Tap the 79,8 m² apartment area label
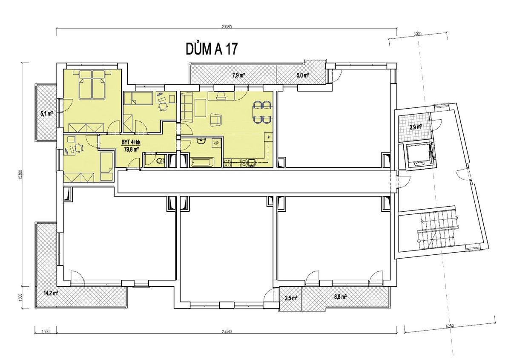(x=131, y=149)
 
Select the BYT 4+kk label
(x=131, y=143)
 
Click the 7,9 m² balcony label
(x=238, y=75)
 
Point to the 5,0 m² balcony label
(x=303, y=75)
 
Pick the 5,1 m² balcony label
(x=47, y=114)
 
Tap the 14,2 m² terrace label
(x=51, y=293)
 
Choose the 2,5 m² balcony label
(x=291, y=298)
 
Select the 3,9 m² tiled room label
(x=416, y=127)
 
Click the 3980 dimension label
(x=417, y=34)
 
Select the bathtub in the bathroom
(x=202, y=162)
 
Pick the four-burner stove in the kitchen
(x=227, y=163)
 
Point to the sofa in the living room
(x=187, y=106)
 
